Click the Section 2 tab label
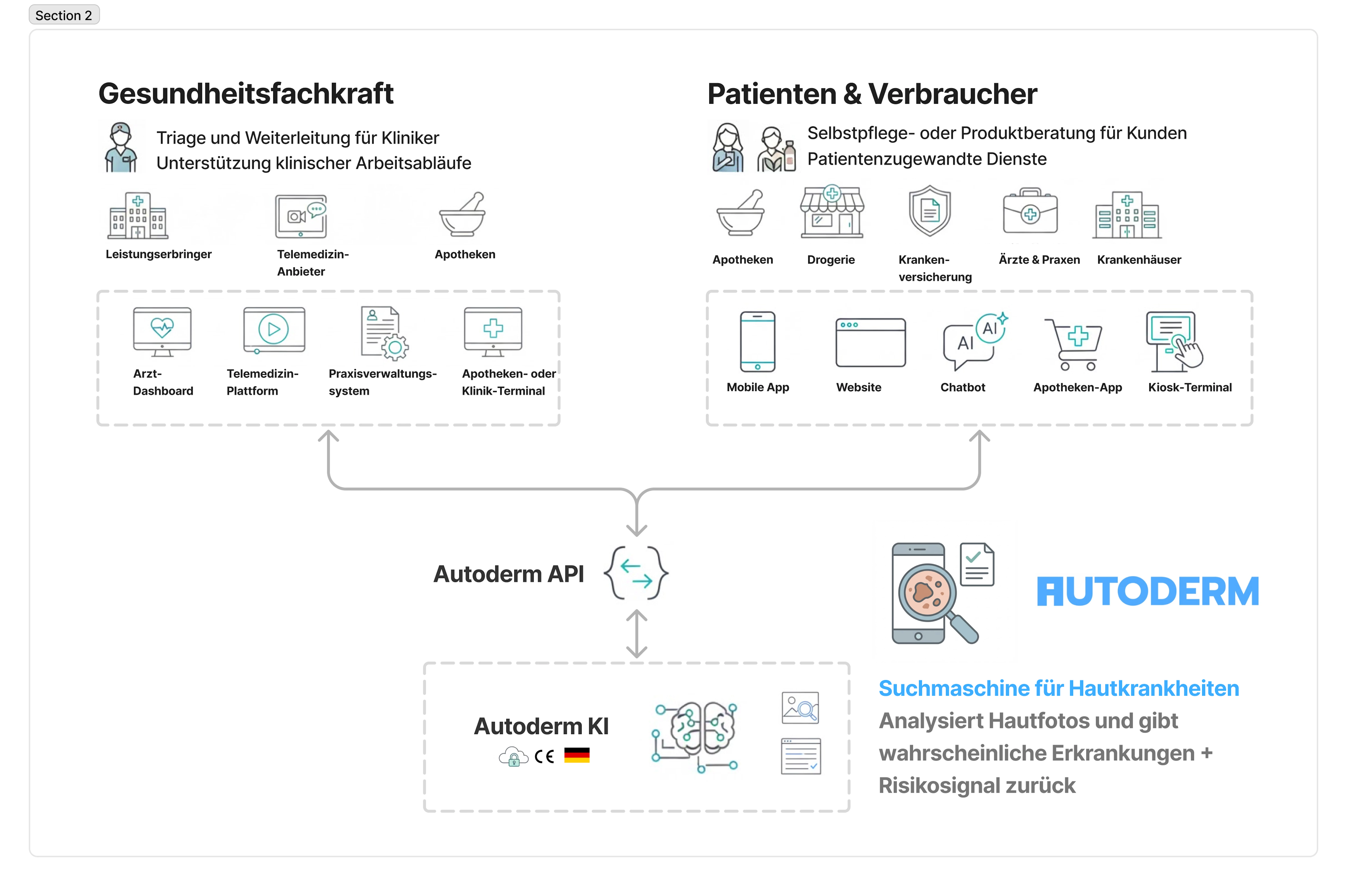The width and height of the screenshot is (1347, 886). coord(64,15)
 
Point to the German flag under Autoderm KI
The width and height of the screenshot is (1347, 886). coord(577,755)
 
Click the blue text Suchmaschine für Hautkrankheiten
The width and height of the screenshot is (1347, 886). coord(1058,689)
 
